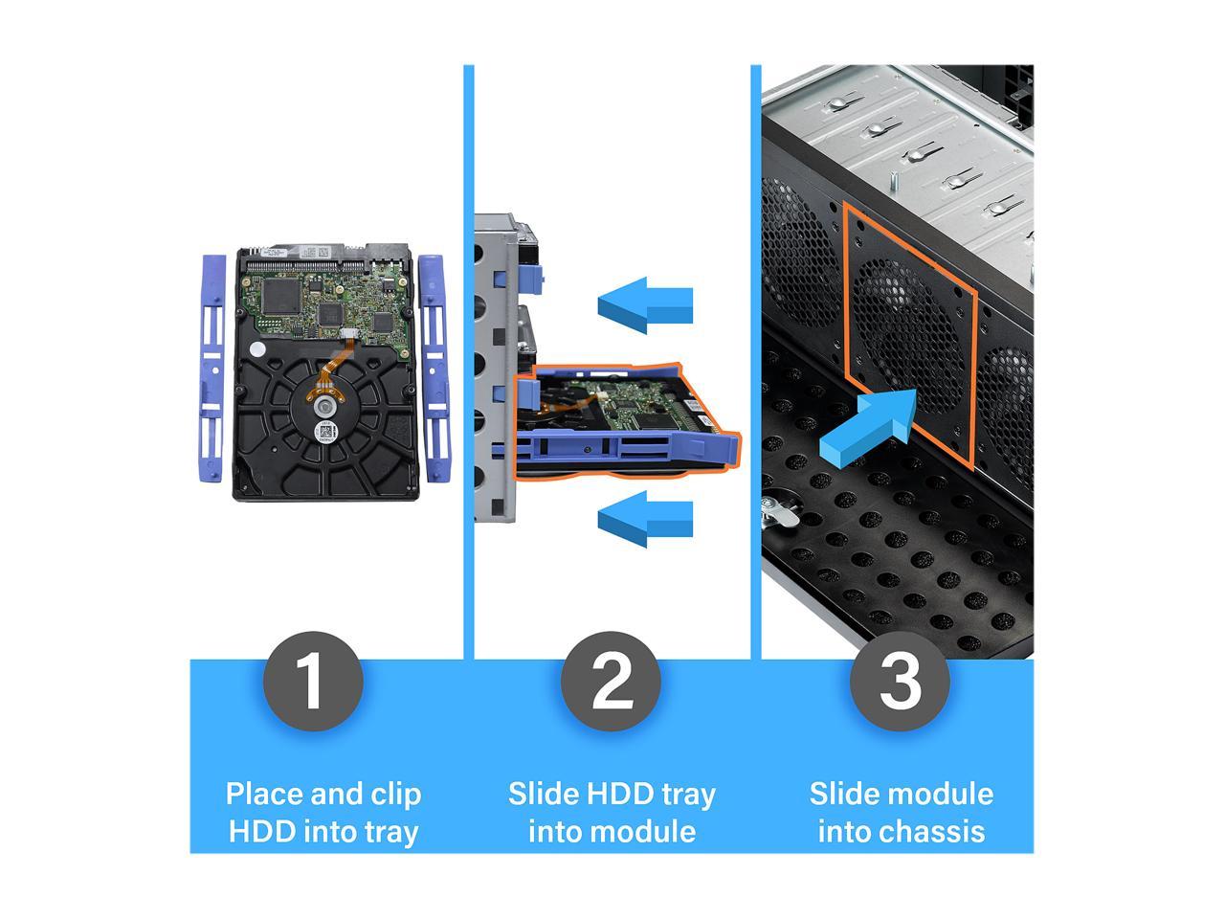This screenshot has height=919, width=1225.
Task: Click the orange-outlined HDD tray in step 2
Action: pos(627,421)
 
